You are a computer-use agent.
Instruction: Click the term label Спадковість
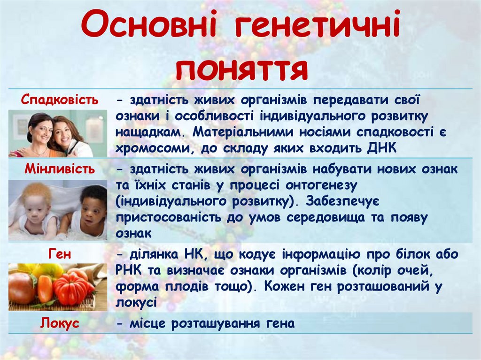click(x=60, y=100)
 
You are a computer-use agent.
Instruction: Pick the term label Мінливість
click(x=60, y=169)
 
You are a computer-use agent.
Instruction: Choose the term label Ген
click(x=60, y=254)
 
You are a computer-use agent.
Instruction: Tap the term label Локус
click(x=60, y=323)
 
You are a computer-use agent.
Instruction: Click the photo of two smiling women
click(x=57, y=133)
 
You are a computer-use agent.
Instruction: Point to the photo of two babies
click(x=57, y=210)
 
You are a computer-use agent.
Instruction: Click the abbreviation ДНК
click(x=382, y=148)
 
